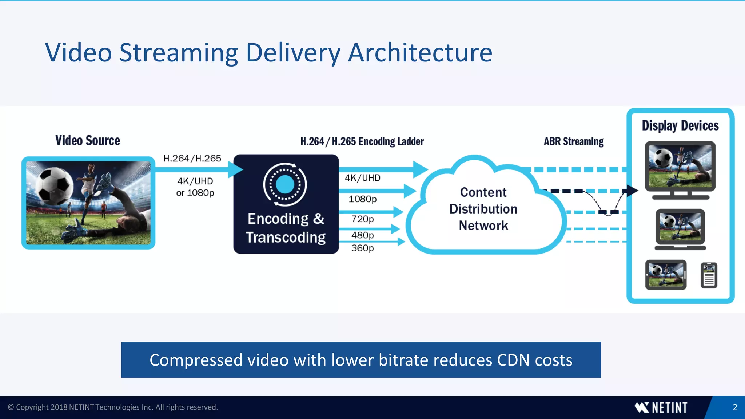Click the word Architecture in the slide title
click(x=420, y=53)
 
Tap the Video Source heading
click(x=88, y=141)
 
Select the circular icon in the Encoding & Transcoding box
click(x=285, y=184)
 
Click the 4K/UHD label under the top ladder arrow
click(x=362, y=178)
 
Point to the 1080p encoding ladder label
click(x=362, y=199)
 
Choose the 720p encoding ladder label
click(x=362, y=219)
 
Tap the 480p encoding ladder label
click(x=362, y=235)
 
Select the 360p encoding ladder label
click(x=362, y=248)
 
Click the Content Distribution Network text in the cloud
click(x=483, y=209)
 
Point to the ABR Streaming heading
click(x=574, y=141)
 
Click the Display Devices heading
click(x=680, y=126)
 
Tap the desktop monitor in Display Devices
click(x=680, y=169)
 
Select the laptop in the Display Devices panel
click(x=680, y=229)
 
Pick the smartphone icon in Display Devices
click(x=709, y=275)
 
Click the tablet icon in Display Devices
click(x=666, y=275)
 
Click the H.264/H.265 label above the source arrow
click(x=192, y=159)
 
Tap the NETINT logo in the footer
click(x=661, y=408)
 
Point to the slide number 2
click(x=735, y=407)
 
